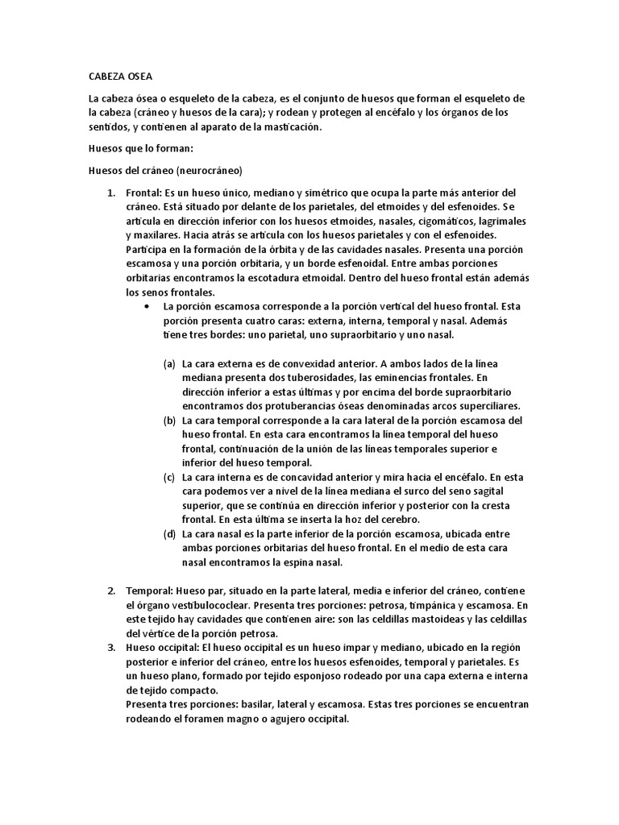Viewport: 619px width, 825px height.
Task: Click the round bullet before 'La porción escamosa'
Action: tap(145, 307)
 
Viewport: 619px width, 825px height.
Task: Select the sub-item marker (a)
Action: tap(169, 363)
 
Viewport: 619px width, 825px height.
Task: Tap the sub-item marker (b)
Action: tap(169, 421)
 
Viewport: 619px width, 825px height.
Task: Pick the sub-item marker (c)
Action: tap(169, 477)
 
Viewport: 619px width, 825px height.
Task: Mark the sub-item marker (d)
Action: tap(169, 533)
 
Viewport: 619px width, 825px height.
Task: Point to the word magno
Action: tap(251, 719)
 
